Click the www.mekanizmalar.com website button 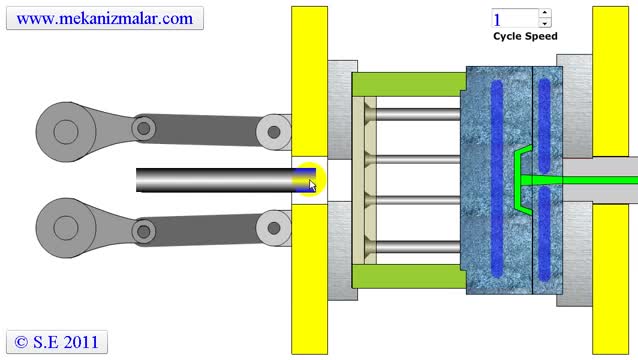click(105, 18)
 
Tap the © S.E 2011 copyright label click(57, 342)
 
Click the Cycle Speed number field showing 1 click(516, 19)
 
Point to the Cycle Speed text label click(525, 36)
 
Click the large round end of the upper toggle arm click(66, 132)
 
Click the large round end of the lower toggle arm click(66, 228)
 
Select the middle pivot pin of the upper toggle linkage click(144, 129)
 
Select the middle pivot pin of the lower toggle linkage click(144, 232)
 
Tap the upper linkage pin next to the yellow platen click(273, 132)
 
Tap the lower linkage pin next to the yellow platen click(273, 228)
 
